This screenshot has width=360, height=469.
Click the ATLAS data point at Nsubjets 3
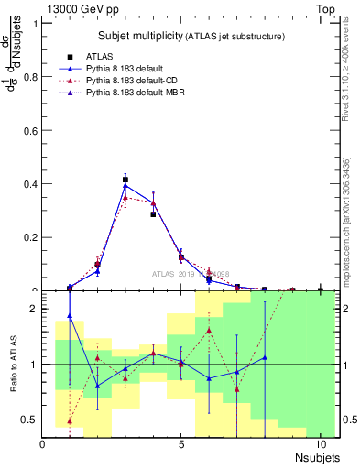[125, 180]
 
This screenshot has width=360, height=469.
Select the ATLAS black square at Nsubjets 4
[153, 213]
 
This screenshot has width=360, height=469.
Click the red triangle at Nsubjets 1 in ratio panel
[70, 421]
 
